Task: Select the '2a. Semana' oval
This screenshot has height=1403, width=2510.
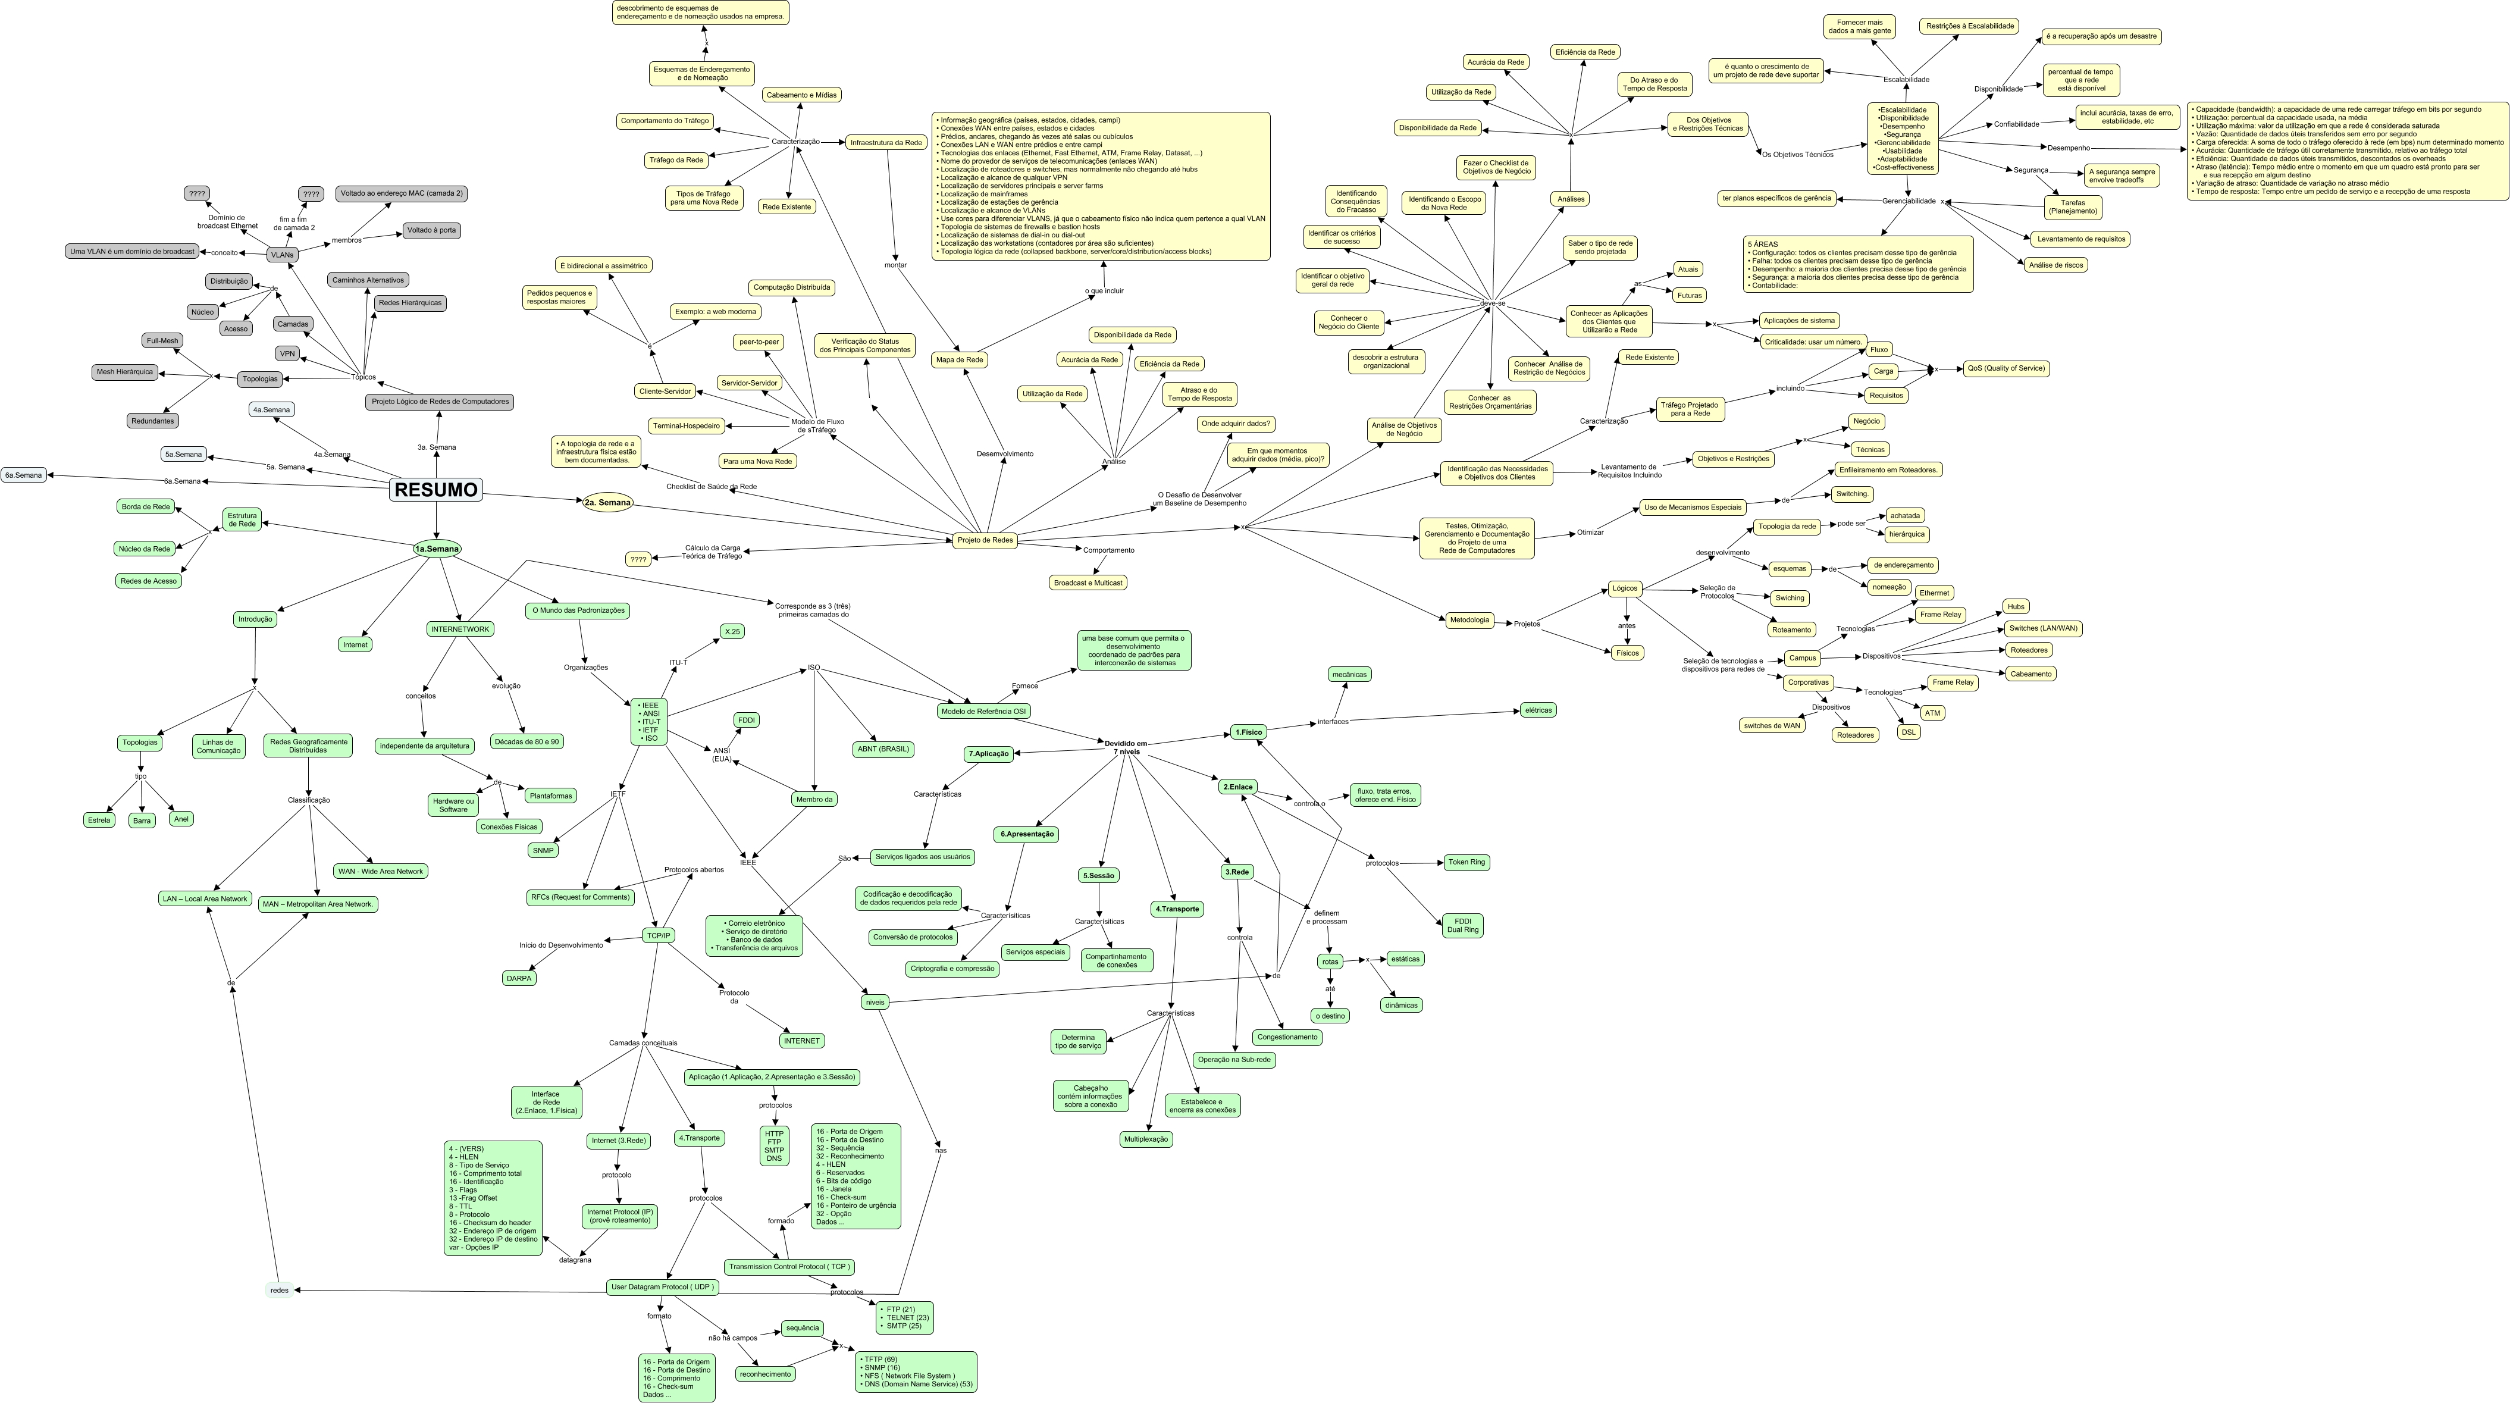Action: point(607,503)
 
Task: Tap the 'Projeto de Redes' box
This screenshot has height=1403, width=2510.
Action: point(984,540)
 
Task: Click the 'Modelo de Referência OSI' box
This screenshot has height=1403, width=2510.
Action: point(983,711)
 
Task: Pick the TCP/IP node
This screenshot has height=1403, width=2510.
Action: point(659,935)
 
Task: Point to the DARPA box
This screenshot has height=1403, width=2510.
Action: point(519,978)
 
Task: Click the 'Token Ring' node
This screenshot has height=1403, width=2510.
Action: point(1466,862)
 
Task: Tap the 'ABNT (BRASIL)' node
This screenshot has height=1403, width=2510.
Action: point(883,749)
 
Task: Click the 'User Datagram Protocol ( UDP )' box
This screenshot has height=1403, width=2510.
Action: point(663,1287)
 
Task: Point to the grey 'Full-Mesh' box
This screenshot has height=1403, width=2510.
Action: point(163,341)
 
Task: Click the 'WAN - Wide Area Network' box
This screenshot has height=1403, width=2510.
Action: point(380,871)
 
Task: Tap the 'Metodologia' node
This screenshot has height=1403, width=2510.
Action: point(1468,619)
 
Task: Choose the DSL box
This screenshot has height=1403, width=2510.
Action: point(1908,732)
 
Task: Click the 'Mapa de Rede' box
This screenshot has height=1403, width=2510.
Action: point(959,359)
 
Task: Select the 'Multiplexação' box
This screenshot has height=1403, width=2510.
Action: point(1146,1139)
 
